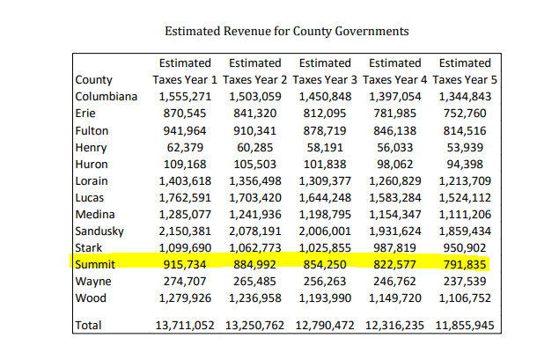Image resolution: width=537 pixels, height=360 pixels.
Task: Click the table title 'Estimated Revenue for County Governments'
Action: [286, 32]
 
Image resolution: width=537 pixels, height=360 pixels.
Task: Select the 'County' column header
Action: [93, 80]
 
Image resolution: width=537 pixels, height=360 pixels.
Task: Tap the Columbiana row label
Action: [107, 97]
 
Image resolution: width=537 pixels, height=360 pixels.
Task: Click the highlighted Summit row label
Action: [96, 264]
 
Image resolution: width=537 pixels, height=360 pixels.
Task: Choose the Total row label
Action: [90, 325]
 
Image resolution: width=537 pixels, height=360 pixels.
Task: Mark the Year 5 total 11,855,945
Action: [463, 325]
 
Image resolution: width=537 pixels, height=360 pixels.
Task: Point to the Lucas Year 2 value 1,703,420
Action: [255, 197]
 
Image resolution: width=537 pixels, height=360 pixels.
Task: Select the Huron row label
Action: [92, 164]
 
